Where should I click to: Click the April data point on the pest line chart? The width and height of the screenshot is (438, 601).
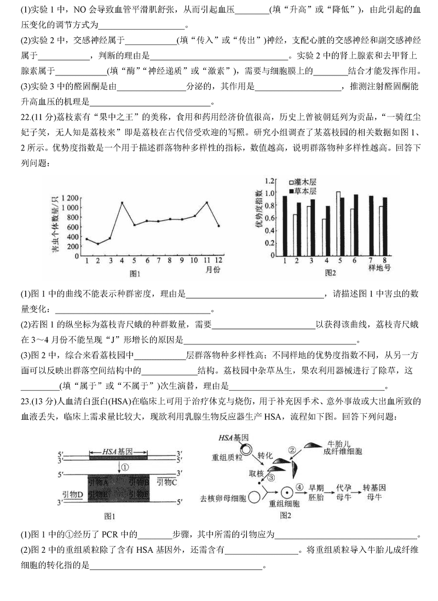(x=122, y=203)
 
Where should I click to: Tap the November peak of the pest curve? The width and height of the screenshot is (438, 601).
(x=207, y=203)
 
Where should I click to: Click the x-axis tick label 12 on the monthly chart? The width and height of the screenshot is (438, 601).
(x=218, y=259)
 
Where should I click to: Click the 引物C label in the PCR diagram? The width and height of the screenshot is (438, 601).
(x=166, y=482)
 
